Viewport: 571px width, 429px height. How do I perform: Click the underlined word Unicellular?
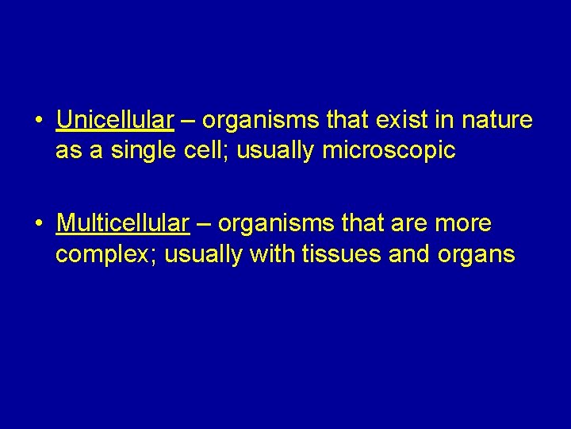coord(115,120)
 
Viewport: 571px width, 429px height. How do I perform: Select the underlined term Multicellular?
coord(123,224)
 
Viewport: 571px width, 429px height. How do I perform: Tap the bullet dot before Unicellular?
coord(38,121)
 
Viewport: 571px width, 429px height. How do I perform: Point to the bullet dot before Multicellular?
coord(38,225)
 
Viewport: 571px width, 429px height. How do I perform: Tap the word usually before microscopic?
coord(278,151)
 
